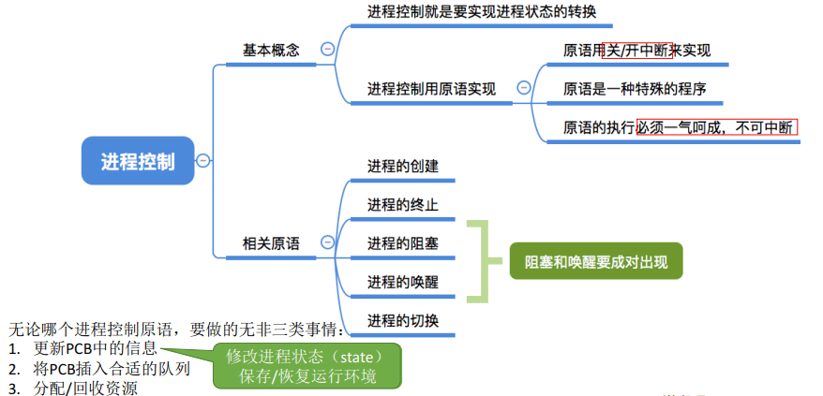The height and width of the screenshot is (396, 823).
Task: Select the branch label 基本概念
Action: click(x=271, y=50)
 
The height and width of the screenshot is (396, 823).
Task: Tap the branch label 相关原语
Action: click(x=271, y=243)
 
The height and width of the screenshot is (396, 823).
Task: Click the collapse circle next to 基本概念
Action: click(x=327, y=50)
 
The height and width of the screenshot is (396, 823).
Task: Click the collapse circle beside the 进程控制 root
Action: click(x=202, y=160)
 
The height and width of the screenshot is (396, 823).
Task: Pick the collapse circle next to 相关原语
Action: click(x=327, y=242)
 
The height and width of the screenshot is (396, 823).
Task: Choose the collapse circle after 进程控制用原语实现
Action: click(x=524, y=88)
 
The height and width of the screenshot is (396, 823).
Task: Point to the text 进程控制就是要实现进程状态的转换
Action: click(x=480, y=12)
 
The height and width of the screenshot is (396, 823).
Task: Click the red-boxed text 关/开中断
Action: click(x=636, y=51)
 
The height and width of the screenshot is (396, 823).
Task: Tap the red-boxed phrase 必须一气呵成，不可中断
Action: click(x=716, y=127)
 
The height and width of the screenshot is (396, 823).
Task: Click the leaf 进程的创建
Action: click(x=402, y=167)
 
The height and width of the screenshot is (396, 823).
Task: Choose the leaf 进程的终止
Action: click(x=402, y=205)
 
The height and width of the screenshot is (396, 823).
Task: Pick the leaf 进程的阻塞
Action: click(x=402, y=243)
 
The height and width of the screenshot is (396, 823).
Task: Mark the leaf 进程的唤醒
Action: click(x=402, y=282)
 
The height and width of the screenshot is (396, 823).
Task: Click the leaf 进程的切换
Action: click(x=402, y=320)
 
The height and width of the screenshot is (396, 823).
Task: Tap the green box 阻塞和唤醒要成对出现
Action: click(x=596, y=261)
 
